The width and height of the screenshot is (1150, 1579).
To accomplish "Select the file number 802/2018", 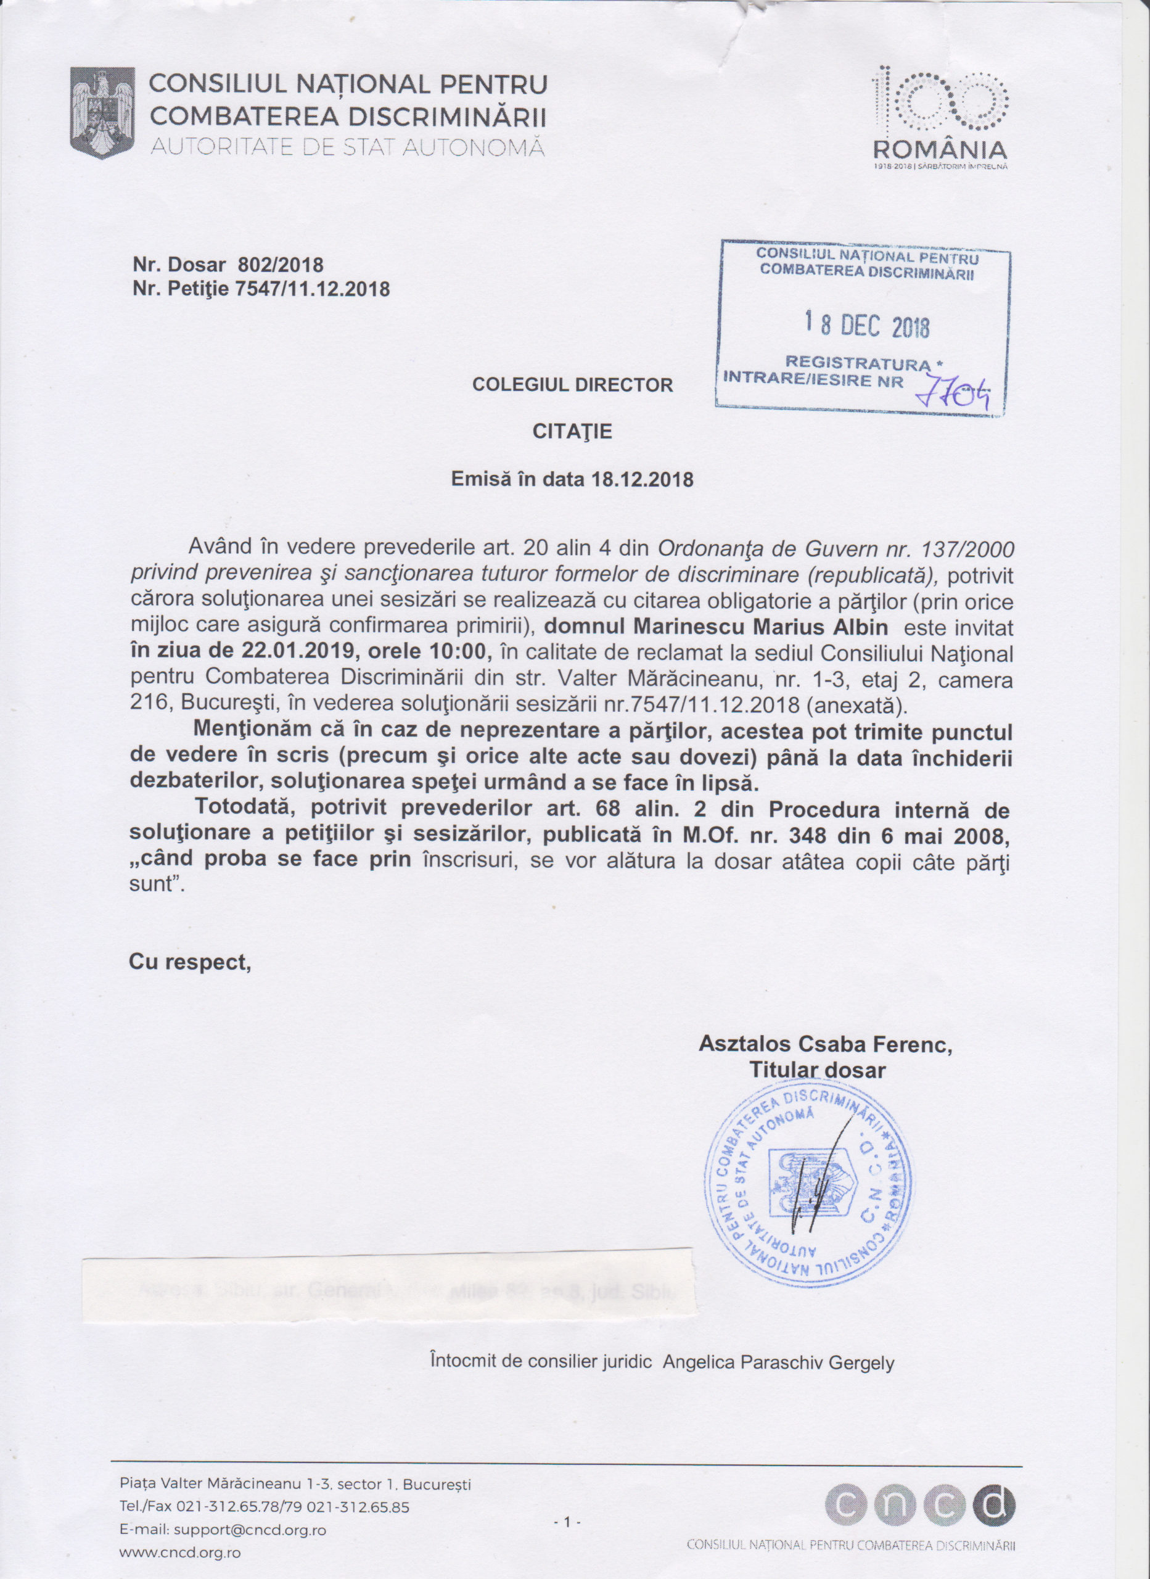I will click(x=281, y=265).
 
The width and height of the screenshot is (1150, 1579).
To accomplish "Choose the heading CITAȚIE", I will click(x=572, y=432).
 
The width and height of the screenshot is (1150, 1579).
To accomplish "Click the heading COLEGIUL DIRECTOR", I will click(x=572, y=385).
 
